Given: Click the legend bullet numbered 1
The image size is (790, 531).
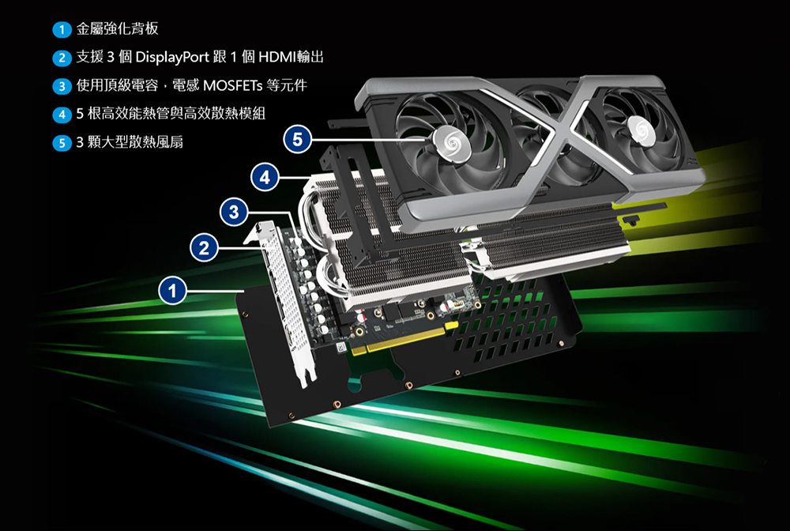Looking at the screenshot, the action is (62, 29).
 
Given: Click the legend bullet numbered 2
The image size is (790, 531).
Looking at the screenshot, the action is (62, 58).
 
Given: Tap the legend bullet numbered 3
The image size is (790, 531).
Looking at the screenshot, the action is (62, 86).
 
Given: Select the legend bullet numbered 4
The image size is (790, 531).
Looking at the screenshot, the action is (62, 115).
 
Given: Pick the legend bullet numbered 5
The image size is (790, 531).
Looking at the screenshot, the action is (62, 143).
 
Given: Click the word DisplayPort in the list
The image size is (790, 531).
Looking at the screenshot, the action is (171, 58).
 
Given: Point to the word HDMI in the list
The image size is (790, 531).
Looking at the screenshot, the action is (276, 57).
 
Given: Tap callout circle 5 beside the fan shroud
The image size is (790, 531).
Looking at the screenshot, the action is (297, 139).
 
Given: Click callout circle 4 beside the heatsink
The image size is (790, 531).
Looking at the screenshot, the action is (265, 177).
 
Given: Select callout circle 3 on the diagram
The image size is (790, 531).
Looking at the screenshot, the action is (234, 212).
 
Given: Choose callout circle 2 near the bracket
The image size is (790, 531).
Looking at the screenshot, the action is (204, 248).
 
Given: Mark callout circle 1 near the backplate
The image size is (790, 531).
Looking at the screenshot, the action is (172, 291).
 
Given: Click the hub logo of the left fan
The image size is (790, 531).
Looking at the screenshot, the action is (452, 144).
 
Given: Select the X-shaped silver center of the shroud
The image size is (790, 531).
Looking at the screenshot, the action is (559, 134).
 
